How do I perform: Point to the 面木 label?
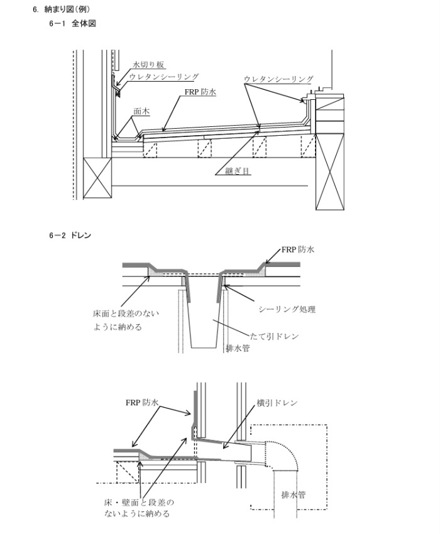coord(141,109)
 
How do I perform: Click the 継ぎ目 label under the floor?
coord(239,170)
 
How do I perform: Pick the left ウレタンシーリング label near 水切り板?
coord(165,77)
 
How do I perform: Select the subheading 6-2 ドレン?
coord(70,236)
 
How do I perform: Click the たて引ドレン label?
coord(274,336)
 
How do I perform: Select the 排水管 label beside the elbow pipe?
coord(294,494)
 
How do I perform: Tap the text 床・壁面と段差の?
coord(138,503)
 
